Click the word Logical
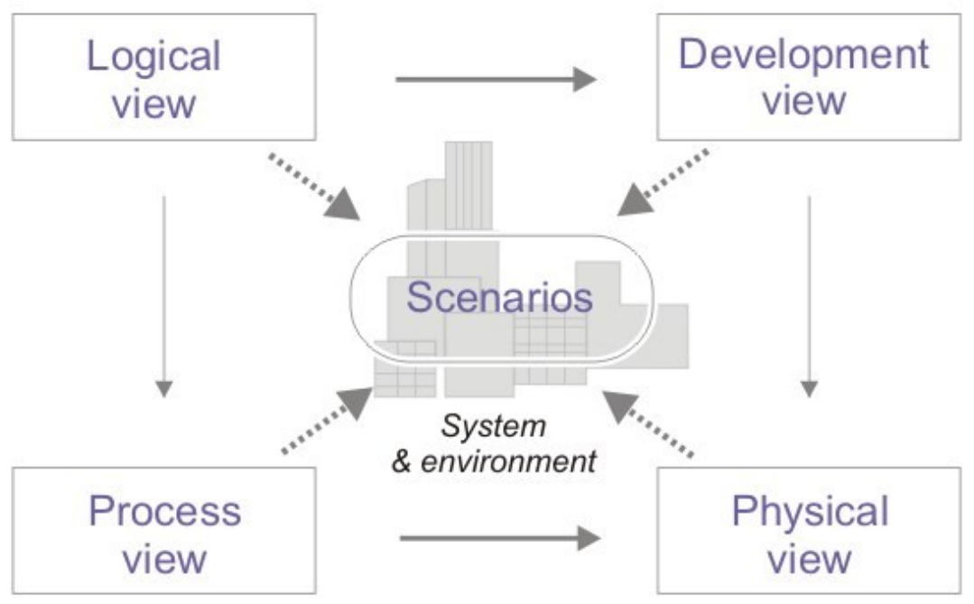pyautogui.click(x=153, y=56)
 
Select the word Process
pyautogui.click(x=165, y=512)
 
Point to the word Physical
pyautogui.click(x=810, y=512)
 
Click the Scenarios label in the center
pyautogui.click(x=500, y=298)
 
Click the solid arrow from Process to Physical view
pyautogui.click(x=499, y=539)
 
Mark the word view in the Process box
pyautogui.click(x=164, y=559)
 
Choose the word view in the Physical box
pyautogui.click(x=810, y=559)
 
